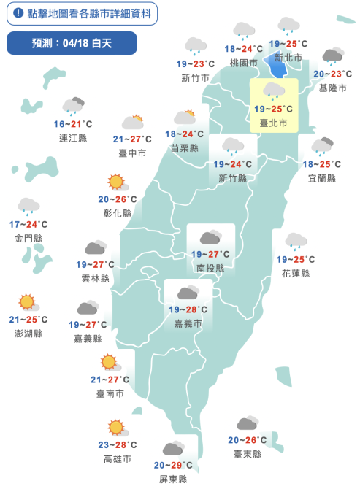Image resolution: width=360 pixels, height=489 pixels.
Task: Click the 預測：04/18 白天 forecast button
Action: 72,44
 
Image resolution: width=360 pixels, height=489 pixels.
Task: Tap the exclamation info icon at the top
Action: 18,14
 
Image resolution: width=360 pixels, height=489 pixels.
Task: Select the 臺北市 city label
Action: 274,123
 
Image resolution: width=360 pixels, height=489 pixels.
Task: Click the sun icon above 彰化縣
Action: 116,182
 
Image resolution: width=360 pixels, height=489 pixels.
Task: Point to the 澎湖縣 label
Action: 28,334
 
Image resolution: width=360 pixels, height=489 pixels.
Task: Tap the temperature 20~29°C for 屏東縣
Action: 173,465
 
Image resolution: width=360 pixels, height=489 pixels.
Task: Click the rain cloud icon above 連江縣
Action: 73,107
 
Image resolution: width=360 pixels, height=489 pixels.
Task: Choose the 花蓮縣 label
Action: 296,273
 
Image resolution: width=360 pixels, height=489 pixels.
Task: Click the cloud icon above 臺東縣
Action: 247,424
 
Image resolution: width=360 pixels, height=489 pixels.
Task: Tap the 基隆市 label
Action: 332,88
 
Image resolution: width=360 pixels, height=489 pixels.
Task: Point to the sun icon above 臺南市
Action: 109,362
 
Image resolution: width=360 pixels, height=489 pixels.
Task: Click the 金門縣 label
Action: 28,238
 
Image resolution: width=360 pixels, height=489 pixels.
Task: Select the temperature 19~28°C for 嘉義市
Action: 188,309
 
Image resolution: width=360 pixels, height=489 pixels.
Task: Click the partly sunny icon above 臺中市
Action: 132,122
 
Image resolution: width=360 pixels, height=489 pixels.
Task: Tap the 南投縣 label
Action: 210,268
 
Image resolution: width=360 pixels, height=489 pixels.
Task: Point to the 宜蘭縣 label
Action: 321,178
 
